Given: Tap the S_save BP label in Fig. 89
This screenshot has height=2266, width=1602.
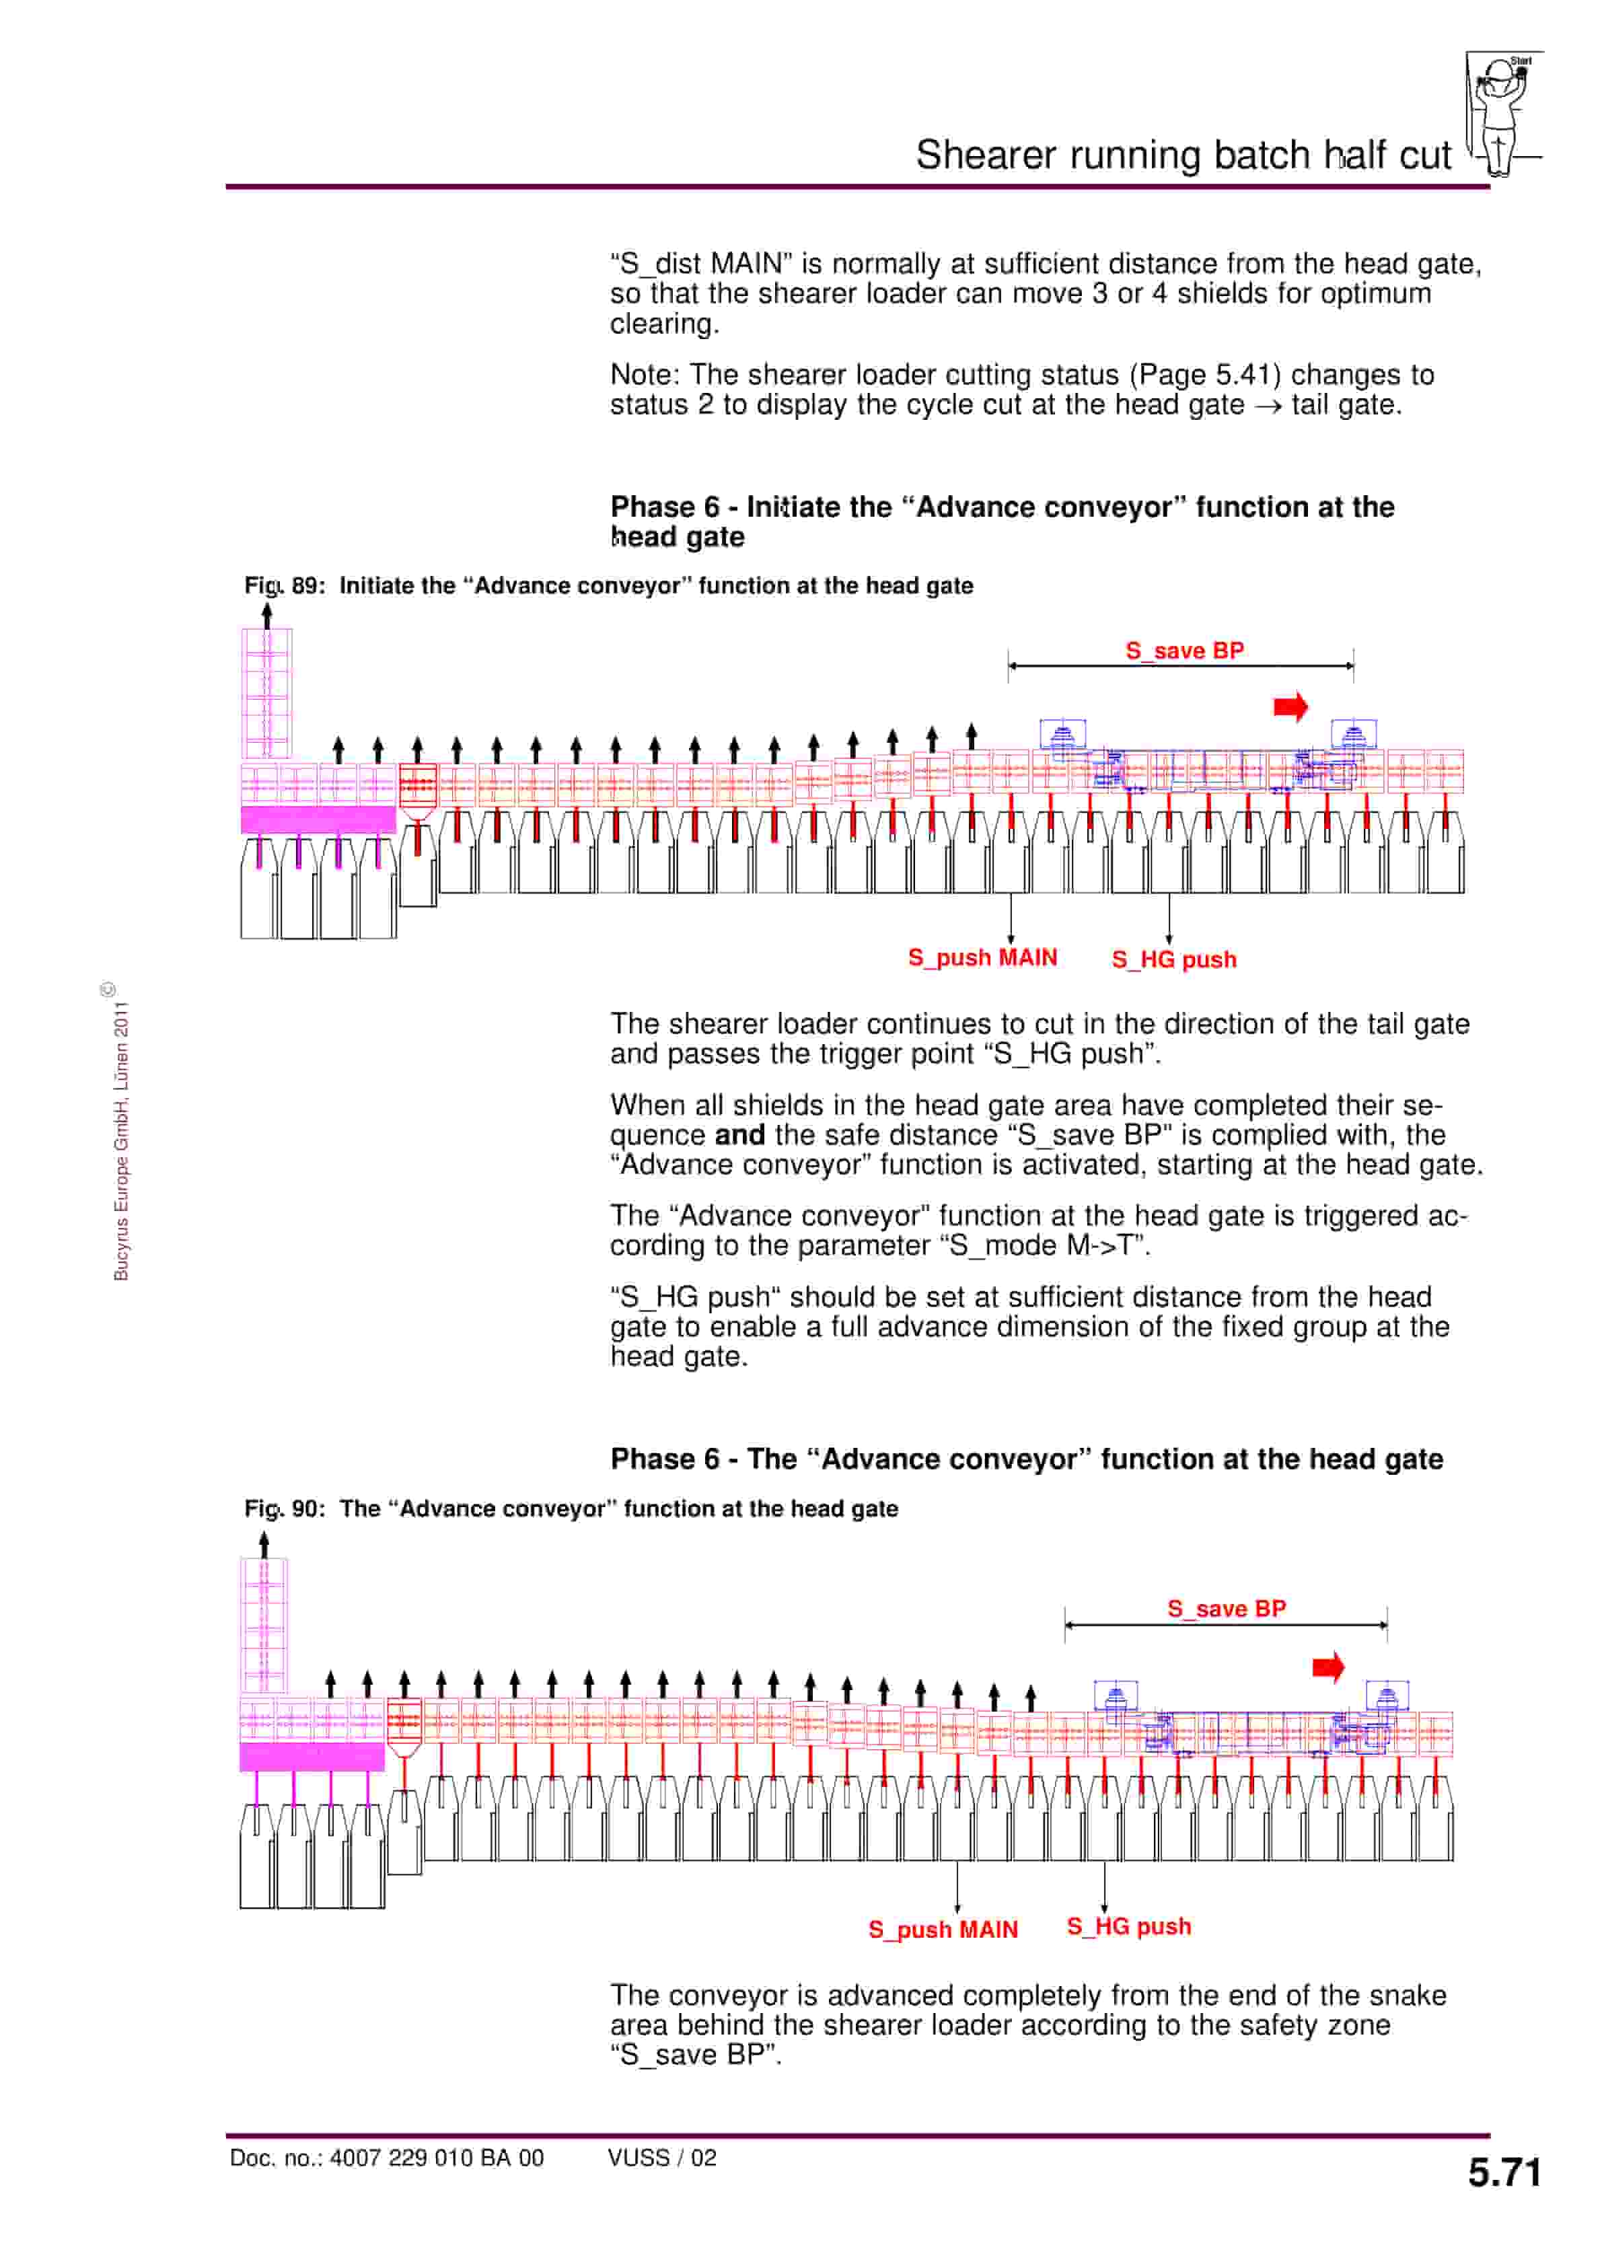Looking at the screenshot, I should pos(1184,651).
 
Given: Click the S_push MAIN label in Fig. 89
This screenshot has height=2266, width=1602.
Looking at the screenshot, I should pos(982,957).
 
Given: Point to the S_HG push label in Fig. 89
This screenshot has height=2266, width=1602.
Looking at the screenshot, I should pos(1173,959).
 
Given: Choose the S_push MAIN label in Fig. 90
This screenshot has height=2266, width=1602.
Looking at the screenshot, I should pos(943,1930).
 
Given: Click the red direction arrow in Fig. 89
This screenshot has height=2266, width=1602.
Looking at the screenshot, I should pos(1290,706).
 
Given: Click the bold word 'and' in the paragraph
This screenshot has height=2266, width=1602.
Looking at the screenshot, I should pos(739,1135).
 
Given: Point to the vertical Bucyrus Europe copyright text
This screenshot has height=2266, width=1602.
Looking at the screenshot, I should pos(120,1140).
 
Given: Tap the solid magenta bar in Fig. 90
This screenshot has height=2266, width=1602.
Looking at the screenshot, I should pos(312,1757).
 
